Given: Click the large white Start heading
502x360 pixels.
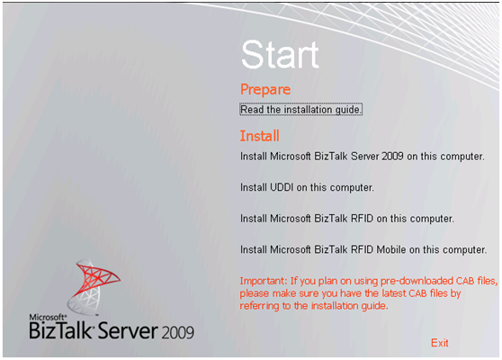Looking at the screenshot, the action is pos(280,55).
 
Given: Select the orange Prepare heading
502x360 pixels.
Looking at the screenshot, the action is pos(265,89).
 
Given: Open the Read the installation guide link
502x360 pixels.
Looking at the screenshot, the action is pos(300,110).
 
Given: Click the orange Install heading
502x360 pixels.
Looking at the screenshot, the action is pos(260,136).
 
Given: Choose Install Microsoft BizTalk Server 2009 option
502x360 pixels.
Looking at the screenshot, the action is pos(362,157).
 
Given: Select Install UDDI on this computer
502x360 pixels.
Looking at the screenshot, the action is pos(307,187).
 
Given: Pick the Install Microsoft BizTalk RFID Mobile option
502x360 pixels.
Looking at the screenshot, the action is pos(363,249).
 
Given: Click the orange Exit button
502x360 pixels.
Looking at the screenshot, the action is pos(440,343).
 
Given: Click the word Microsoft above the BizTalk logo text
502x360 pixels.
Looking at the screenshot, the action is pos(48,318).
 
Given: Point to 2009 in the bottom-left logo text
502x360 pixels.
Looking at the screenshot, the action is pos(178,333).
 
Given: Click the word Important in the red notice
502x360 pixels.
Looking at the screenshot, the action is pos(264,281).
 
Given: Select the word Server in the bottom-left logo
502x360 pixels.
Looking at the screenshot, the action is pos(128,330).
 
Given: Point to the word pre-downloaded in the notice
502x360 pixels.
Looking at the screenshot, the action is pos(417,281).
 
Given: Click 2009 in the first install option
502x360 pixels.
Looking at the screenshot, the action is pos(392,157).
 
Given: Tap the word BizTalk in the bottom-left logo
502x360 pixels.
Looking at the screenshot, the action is pos(61,330).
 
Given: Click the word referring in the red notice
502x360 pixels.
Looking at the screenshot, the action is pos(260,306).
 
